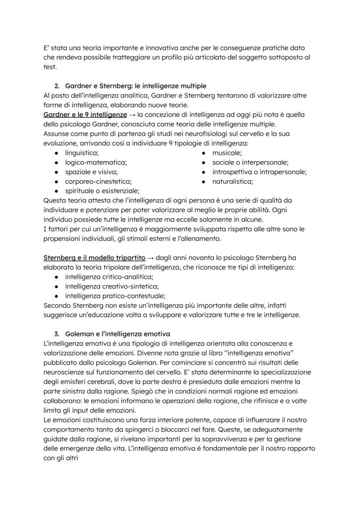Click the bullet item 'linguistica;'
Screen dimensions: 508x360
[82, 153]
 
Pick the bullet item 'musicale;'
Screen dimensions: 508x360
[227, 153]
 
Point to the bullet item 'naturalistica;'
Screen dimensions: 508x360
[233, 182]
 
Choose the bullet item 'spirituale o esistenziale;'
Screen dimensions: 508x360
[102, 191]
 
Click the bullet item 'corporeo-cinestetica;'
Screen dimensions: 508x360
[98, 182]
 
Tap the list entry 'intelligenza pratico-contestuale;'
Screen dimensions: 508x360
[113, 296]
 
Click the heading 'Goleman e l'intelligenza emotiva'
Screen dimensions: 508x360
[117, 334]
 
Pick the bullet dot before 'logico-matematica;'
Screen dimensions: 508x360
[57, 163]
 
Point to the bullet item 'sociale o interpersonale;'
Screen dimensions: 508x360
[250, 163]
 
